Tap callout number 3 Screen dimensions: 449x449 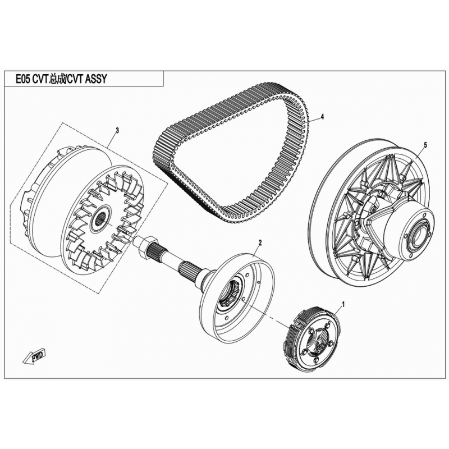(117, 130)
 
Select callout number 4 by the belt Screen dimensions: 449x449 (323, 117)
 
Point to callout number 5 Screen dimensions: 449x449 (425, 145)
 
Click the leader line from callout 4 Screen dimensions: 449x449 (313, 119)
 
